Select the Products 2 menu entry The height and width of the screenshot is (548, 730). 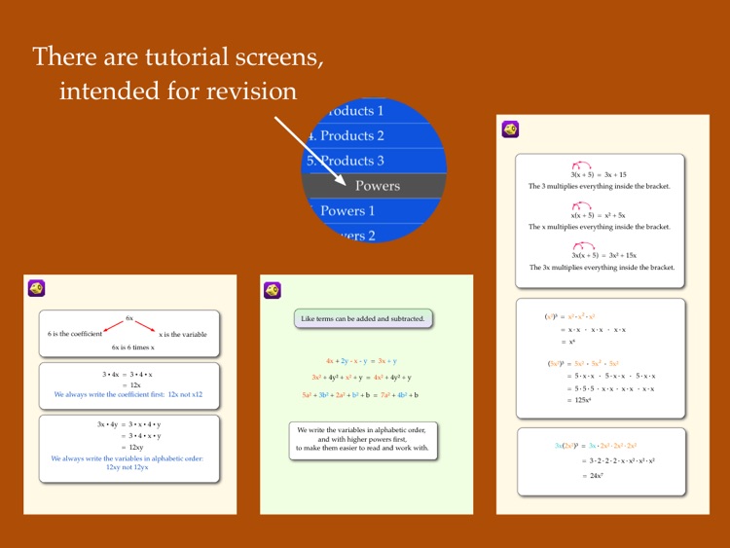[351, 135]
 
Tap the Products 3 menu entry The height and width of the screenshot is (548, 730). [351, 161]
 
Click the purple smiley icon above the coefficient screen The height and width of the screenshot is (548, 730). [36, 288]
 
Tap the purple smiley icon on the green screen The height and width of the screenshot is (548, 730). [273, 290]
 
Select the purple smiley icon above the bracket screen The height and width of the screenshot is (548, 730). [509, 128]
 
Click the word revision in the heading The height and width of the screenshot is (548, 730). [247, 91]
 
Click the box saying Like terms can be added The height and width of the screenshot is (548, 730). [363, 318]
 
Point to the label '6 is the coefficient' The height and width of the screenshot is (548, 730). [75, 334]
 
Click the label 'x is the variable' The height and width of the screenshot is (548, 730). [183, 334]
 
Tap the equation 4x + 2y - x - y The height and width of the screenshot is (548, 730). [361, 360]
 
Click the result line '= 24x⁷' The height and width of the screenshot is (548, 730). [593, 476]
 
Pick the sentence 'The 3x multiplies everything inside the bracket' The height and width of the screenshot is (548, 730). [602, 267]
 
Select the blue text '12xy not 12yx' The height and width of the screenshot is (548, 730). [128, 467]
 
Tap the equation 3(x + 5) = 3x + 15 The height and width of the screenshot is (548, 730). [600, 174]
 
